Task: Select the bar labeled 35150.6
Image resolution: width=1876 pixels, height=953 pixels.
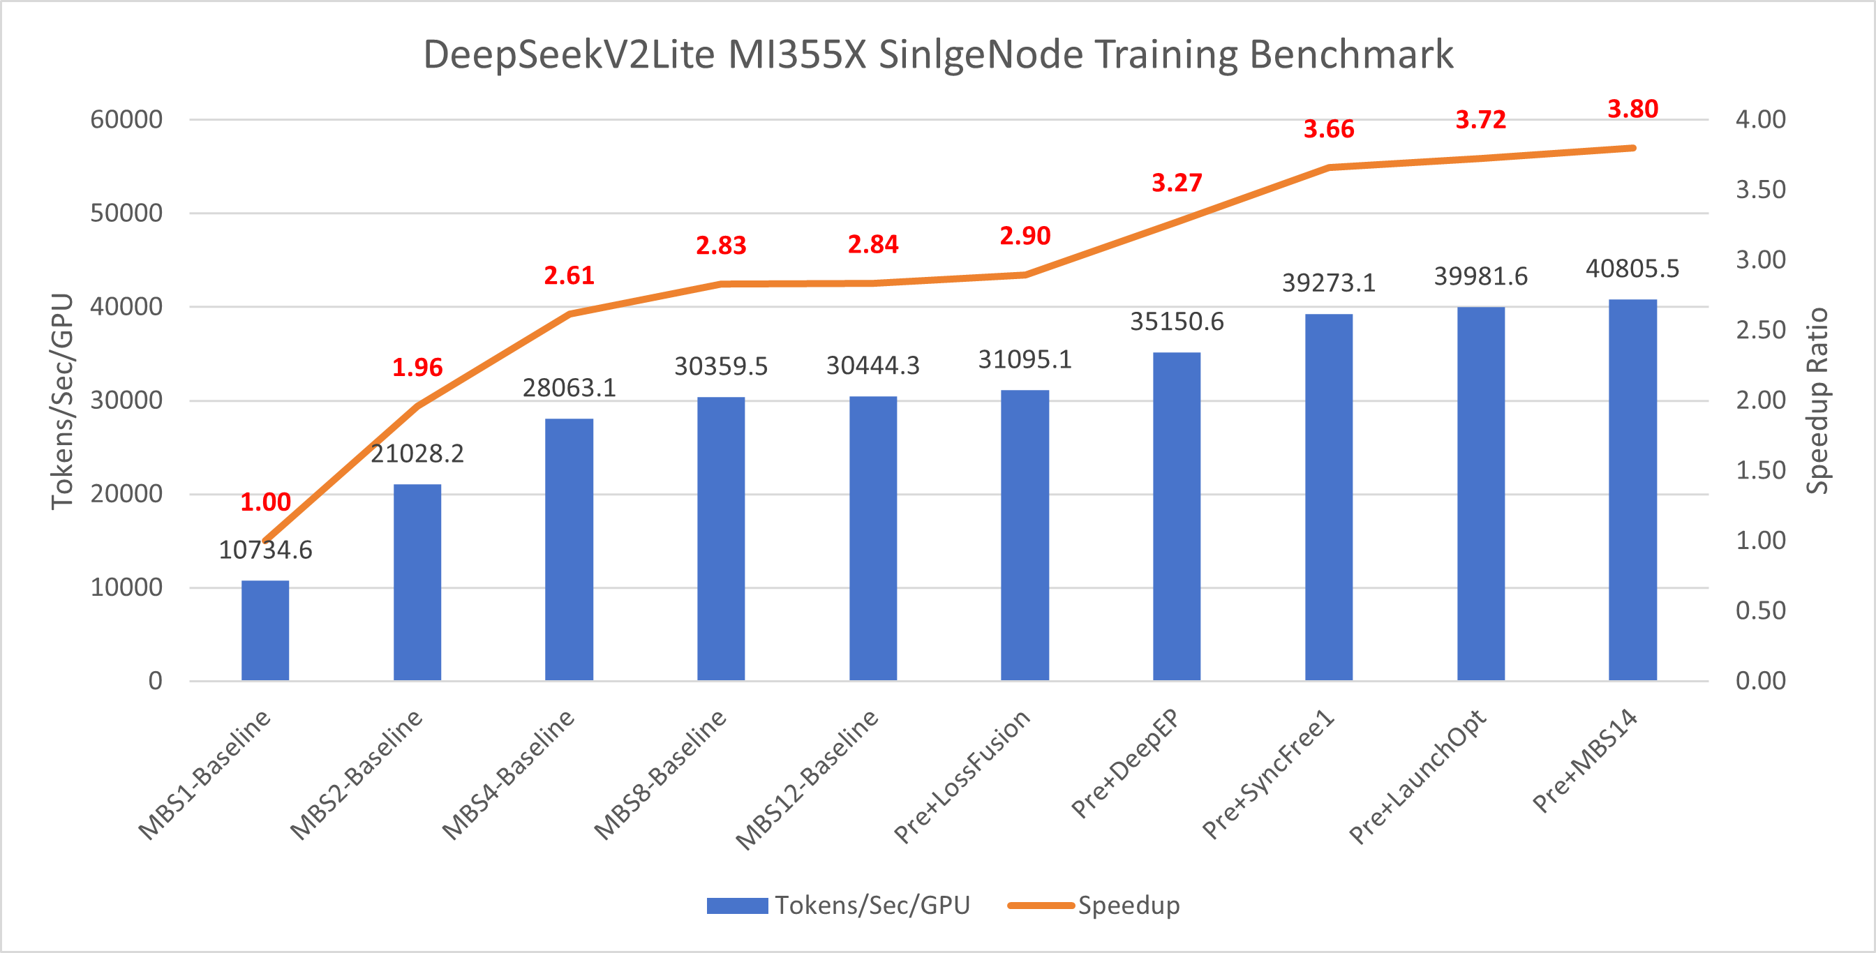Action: (x=1176, y=517)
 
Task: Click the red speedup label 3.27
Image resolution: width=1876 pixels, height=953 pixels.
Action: (x=1176, y=183)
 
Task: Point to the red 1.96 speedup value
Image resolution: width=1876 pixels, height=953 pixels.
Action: (x=417, y=368)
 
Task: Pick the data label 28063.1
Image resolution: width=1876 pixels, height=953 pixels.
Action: (x=569, y=388)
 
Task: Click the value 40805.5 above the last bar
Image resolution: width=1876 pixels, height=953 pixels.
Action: (x=1632, y=269)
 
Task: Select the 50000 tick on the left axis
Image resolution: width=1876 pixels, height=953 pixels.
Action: (x=126, y=213)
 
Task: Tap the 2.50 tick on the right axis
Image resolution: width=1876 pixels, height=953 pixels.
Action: (x=1760, y=330)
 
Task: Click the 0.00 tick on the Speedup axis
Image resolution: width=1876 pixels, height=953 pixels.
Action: (x=1760, y=681)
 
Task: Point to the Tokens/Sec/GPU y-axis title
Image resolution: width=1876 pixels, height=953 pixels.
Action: (x=63, y=400)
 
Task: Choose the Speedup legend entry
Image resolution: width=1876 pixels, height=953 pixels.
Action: (x=1128, y=905)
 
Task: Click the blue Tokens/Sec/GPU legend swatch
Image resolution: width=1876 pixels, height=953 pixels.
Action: (x=736, y=905)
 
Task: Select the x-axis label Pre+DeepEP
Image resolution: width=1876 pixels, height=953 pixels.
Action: (x=1125, y=763)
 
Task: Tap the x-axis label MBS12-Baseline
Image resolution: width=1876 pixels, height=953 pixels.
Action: (x=807, y=779)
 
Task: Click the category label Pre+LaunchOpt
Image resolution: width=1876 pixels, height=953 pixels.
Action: (x=1417, y=776)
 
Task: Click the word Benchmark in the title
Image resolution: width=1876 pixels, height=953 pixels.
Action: (x=1352, y=54)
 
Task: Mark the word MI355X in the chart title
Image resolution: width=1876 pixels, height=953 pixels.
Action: (x=797, y=54)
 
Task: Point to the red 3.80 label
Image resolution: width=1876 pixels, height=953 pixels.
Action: (x=1632, y=110)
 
